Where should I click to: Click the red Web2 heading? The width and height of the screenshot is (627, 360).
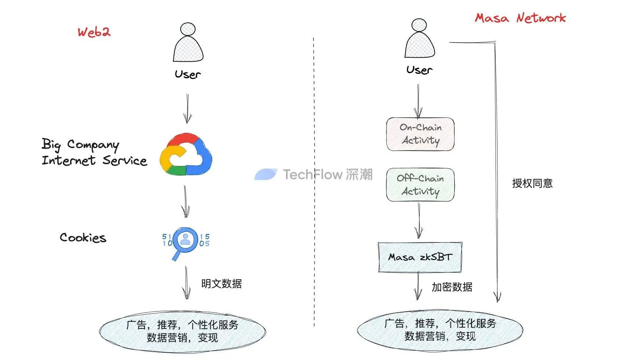click(x=94, y=32)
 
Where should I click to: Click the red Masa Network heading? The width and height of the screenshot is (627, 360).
click(x=520, y=18)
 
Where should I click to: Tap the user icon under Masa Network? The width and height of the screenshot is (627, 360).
click(x=420, y=39)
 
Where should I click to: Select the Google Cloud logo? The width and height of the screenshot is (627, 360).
click(x=186, y=154)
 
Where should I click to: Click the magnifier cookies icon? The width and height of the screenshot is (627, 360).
click(x=185, y=241)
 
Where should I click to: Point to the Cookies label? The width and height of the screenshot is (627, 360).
click(x=83, y=238)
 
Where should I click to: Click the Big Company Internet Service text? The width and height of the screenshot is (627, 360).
click(x=94, y=152)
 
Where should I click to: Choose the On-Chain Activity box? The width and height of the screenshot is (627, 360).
click(x=420, y=134)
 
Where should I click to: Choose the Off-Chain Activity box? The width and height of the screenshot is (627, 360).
click(x=420, y=185)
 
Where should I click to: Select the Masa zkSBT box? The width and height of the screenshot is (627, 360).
click(x=420, y=257)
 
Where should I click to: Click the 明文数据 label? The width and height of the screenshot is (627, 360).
click(x=221, y=284)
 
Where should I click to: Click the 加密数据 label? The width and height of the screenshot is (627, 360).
click(x=452, y=287)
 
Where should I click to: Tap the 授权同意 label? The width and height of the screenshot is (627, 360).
click(x=532, y=183)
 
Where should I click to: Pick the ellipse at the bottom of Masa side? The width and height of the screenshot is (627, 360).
click(x=440, y=330)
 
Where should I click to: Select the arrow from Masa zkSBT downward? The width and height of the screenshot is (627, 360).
click(x=418, y=286)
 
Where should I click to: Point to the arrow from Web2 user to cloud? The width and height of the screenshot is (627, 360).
click(x=188, y=108)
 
